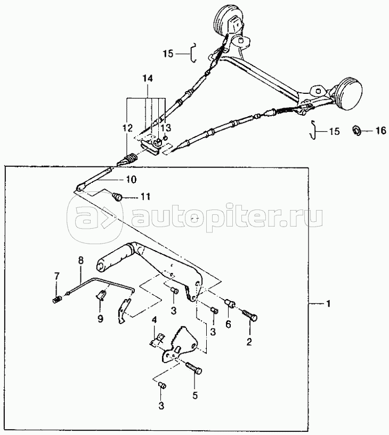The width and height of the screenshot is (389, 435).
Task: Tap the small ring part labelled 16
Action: (356, 130)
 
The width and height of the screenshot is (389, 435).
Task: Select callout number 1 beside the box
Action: (328, 304)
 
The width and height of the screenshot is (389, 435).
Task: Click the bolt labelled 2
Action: (250, 316)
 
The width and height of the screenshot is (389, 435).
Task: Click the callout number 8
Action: (80, 261)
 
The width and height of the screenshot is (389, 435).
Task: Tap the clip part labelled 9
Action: (102, 295)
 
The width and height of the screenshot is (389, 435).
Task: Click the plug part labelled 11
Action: (118, 197)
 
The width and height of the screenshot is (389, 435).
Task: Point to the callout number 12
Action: (128, 128)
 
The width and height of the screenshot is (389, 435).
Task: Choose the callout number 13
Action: (166, 128)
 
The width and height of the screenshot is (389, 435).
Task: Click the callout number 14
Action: (148, 79)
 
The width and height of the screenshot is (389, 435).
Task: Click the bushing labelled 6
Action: (230, 302)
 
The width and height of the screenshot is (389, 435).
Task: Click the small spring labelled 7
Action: (56, 300)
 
